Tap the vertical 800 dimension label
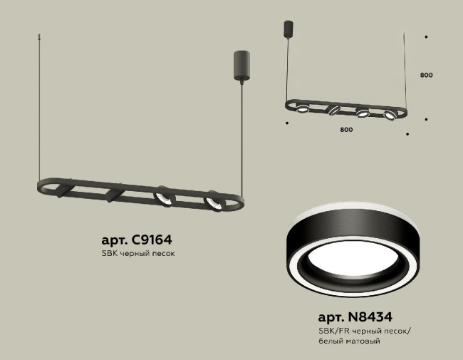[x=426, y=74]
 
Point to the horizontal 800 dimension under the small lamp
[x=346, y=130]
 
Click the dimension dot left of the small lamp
[x=287, y=123]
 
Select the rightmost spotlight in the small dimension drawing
[x=389, y=114]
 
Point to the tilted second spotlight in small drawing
[x=333, y=110]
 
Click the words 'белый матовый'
[x=348, y=341]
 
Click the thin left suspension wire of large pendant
[x=37, y=107]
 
